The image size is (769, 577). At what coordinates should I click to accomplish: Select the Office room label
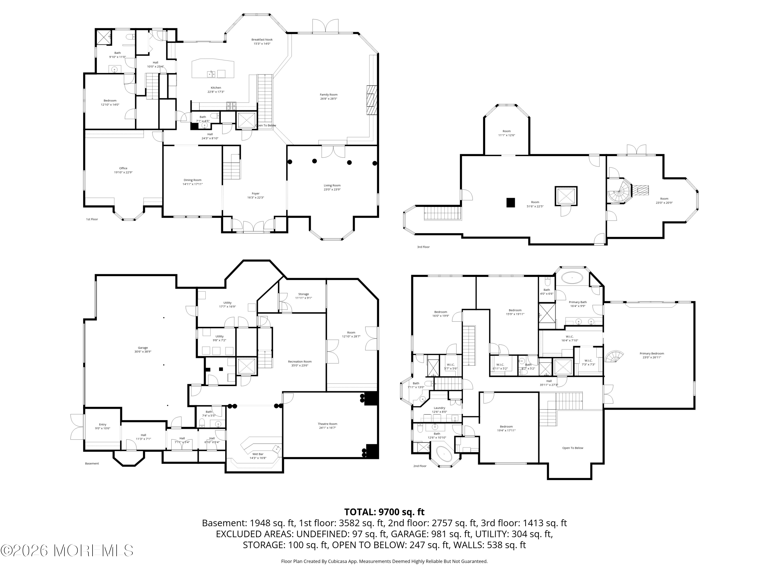[x=123, y=168]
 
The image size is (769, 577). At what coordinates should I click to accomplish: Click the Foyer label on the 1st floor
[x=256, y=194]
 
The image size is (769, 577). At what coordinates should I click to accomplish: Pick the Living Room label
[x=332, y=186]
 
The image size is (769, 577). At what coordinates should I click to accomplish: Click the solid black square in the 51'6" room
[x=510, y=202]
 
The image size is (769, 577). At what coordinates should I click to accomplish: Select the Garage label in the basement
[x=143, y=348]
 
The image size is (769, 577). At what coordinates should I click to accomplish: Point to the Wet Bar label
[x=258, y=454]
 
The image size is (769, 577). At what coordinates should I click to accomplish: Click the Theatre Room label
[x=328, y=424]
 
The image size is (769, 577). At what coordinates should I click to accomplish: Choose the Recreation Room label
[x=300, y=362]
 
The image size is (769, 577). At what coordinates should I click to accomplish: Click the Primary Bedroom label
[x=652, y=354]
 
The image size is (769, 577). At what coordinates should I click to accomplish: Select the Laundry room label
[x=439, y=408]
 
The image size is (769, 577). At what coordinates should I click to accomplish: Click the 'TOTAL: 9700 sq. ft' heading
[x=384, y=512]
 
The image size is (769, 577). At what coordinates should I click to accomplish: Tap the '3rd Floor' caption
[x=423, y=247]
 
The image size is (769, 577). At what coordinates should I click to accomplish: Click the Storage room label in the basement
[x=303, y=294]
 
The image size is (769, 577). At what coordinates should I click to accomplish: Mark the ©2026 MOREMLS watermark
[x=67, y=551]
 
